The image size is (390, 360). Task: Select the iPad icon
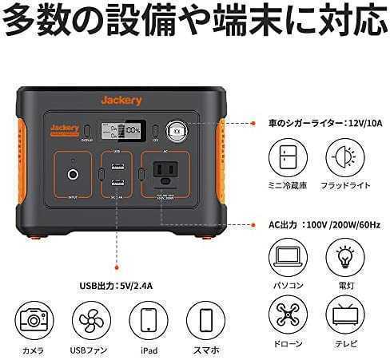click(x=146, y=320)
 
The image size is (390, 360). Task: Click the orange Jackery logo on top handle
click(x=121, y=100)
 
